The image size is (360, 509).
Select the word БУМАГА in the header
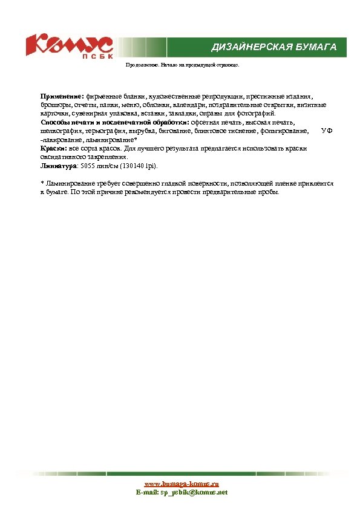pyautogui.click(x=316, y=47)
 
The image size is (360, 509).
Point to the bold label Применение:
pyautogui.click(x=62, y=96)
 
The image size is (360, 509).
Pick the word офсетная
pyautogui.click(x=209, y=122)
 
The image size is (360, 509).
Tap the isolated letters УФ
pyautogui.click(x=327, y=131)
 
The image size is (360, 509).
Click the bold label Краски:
pyautogui.click(x=53, y=148)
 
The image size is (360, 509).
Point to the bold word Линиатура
pyautogui.click(x=59, y=165)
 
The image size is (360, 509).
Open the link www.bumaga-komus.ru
pyautogui.click(x=181, y=484)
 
